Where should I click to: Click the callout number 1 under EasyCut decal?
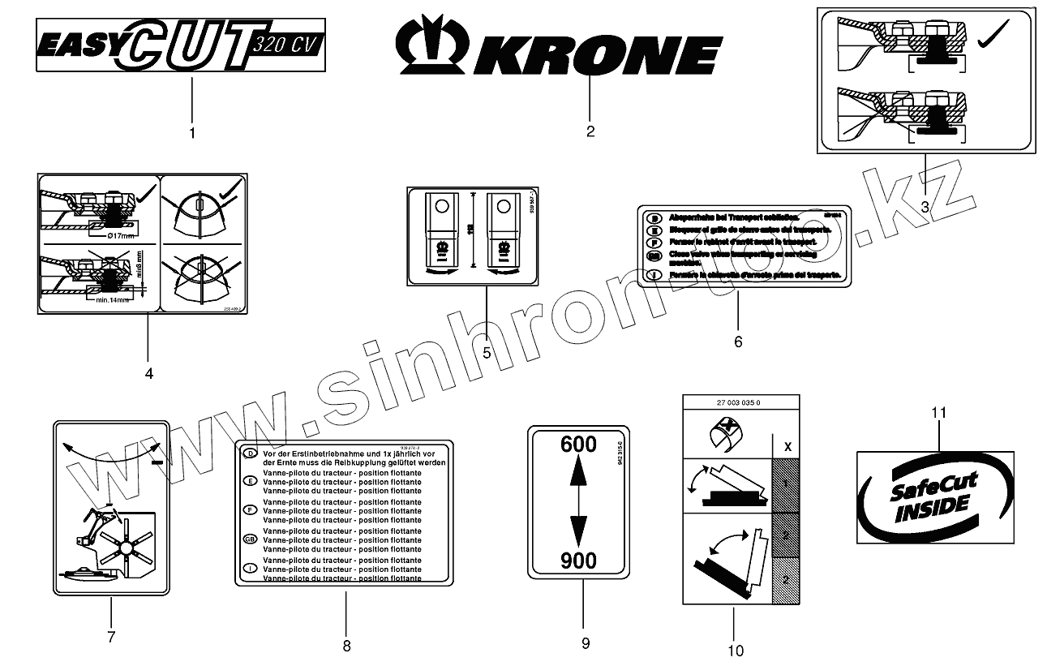click(x=192, y=131)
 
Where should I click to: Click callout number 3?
click(x=925, y=206)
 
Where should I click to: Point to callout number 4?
click(x=148, y=374)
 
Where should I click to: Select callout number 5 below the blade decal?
click(x=487, y=353)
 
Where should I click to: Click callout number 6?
click(x=738, y=342)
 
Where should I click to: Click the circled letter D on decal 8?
click(x=251, y=453)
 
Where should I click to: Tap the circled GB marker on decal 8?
click(x=251, y=539)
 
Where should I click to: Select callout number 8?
click(x=346, y=646)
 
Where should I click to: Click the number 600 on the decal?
click(x=578, y=445)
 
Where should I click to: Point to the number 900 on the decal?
click(x=578, y=561)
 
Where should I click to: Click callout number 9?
click(x=585, y=643)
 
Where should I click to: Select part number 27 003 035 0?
click(x=741, y=402)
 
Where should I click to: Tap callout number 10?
click(x=735, y=650)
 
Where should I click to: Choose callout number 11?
click(x=938, y=413)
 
